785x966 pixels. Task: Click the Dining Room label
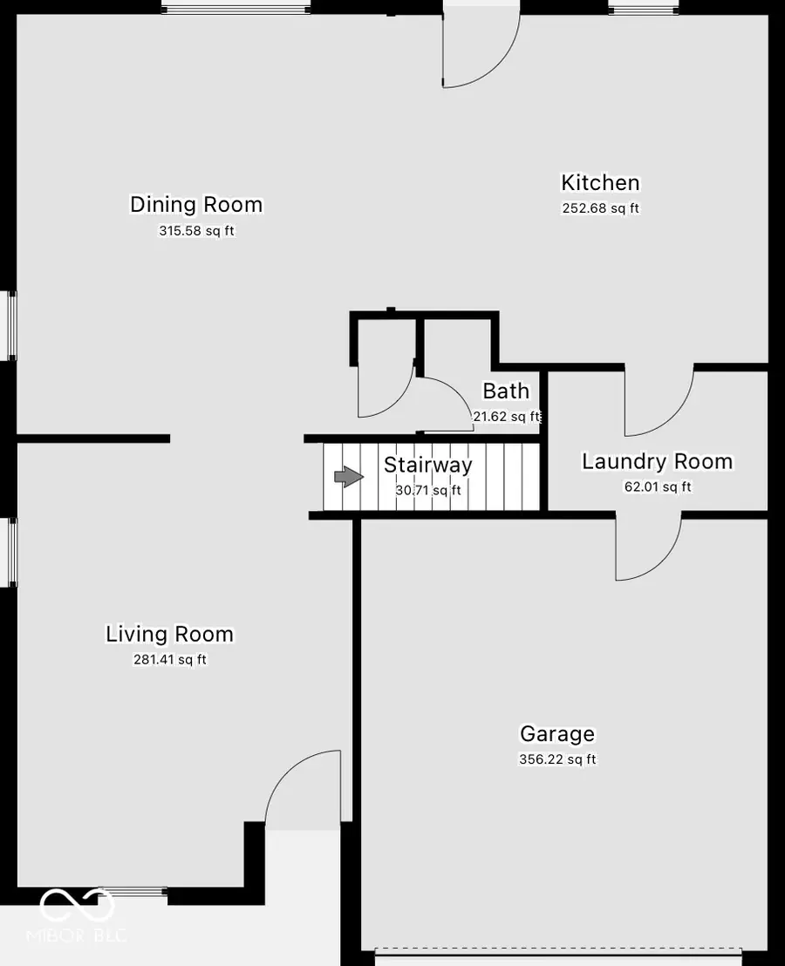[196, 205]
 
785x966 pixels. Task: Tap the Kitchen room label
[600, 183]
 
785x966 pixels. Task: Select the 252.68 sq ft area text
[600, 208]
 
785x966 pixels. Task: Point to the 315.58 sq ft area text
[195, 231]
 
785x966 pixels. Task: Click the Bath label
[506, 391]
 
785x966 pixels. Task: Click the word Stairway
[428, 465]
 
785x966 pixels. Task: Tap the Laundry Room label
[657, 461]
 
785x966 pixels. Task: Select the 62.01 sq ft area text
[658, 486]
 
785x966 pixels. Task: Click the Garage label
[556, 734]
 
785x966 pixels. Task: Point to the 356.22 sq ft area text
[557, 759]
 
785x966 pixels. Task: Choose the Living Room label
[169, 634]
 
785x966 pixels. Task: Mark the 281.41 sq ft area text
[168, 660]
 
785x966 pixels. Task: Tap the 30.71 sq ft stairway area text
[428, 491]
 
